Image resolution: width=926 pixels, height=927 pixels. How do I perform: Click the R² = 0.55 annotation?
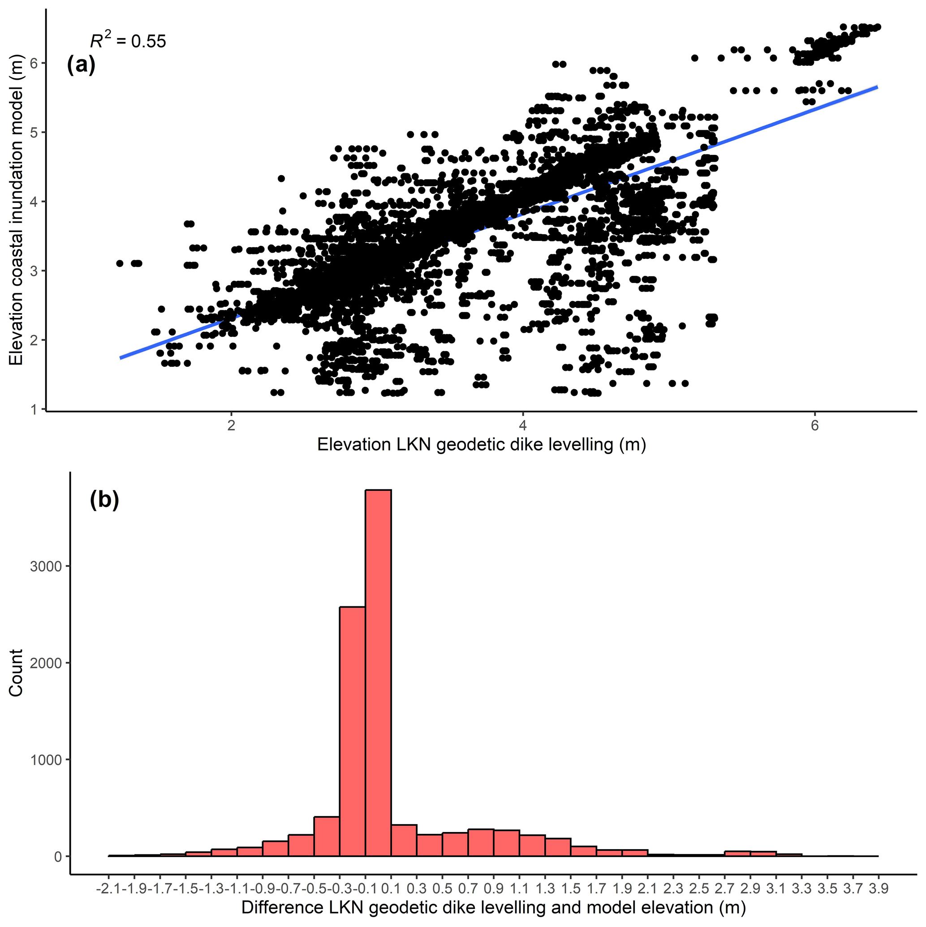128,41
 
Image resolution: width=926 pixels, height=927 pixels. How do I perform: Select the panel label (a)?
81,65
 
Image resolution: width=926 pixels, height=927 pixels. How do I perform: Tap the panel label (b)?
104,501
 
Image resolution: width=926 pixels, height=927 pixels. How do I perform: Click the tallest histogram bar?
378,672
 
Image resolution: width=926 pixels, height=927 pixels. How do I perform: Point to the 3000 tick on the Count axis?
46,566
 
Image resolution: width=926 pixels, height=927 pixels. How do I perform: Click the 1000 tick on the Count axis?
46,760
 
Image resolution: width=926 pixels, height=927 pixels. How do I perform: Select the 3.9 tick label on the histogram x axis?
879,888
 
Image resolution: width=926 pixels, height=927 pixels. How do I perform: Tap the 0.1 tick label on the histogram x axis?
391,888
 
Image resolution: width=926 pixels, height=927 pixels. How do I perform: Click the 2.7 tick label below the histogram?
724,888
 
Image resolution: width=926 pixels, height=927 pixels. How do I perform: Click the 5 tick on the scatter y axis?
34,133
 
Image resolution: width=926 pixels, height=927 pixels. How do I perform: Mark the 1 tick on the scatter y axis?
34,410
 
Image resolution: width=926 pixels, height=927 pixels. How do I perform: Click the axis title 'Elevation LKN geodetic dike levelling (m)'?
482,445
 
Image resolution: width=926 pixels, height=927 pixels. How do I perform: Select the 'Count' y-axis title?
16,673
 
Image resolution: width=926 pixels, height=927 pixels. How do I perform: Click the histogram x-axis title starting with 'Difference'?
494,907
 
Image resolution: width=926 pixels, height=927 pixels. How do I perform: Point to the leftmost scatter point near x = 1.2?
120,263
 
